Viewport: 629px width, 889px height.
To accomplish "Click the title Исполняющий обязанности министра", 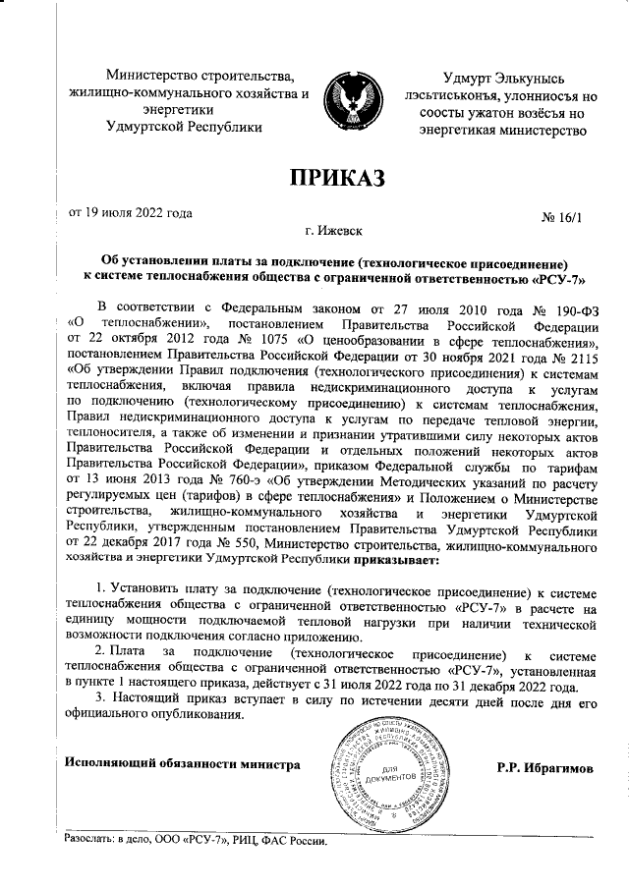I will [x=181, y=762].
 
